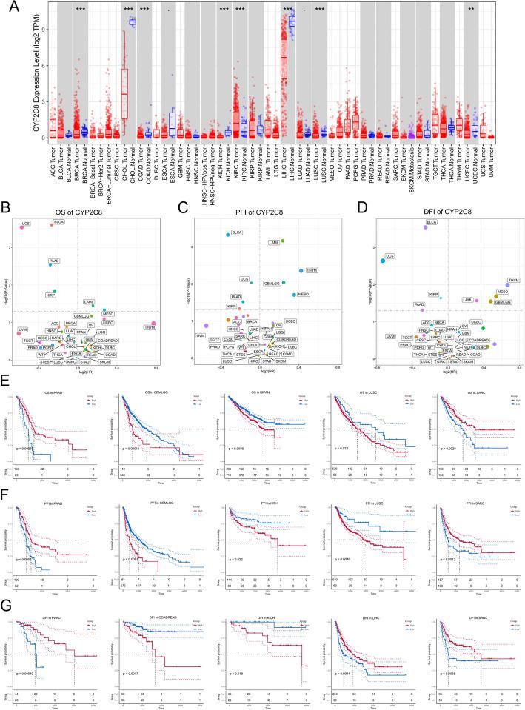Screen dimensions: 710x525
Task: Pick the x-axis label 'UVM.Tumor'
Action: point(491,163)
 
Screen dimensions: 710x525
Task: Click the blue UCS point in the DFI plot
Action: point(383,261)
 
